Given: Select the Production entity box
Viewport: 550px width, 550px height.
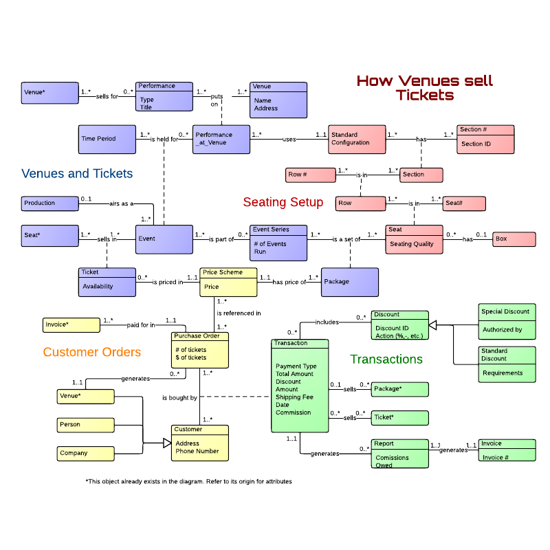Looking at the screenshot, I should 49,203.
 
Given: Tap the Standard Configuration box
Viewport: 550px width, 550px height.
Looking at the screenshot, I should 355,139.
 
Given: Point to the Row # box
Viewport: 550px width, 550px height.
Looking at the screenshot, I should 309,175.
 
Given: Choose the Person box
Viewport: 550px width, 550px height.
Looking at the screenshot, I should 85,425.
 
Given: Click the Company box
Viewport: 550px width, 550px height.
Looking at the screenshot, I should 85,453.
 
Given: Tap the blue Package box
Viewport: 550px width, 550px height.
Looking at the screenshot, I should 349,282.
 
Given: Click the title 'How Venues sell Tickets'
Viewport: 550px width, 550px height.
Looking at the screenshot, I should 425,88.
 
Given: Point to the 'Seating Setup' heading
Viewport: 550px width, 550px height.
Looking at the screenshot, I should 283,202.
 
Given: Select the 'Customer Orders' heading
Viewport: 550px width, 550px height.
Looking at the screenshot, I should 91,352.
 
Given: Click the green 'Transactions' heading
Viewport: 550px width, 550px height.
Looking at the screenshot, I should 386,359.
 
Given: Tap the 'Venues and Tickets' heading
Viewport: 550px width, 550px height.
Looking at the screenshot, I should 77,173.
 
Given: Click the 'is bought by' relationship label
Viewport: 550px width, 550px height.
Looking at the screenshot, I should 179,398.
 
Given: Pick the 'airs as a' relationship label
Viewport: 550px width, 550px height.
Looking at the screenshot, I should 121,203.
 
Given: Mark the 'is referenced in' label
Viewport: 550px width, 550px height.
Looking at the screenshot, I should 239,313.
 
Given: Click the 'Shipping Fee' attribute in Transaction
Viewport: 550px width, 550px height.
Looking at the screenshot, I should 294,397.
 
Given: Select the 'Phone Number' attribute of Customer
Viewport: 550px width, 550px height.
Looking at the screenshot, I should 197,452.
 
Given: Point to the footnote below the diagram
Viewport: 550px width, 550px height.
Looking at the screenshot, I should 189,481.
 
